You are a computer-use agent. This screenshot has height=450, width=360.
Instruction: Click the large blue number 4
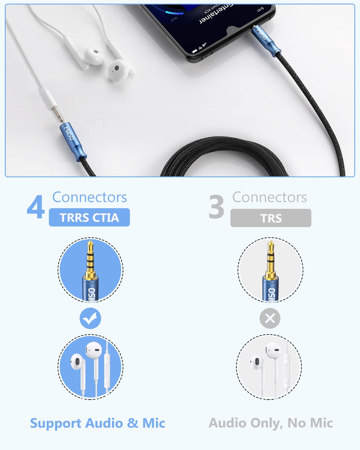(x=36, y=207)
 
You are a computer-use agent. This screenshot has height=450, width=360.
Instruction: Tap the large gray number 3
(x=216, y=207)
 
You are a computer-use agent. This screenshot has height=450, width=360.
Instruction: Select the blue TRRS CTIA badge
(x=89, y=217)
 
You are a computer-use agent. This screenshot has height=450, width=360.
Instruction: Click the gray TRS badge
(x=271, y=218)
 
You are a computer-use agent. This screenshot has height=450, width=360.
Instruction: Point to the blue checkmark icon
(x=90, y=318)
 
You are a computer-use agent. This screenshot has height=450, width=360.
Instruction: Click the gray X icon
(x=270, y=318)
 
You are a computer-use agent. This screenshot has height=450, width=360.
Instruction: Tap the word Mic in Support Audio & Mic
(x=154, y=423)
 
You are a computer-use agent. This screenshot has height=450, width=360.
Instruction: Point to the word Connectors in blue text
(x=89, y=197)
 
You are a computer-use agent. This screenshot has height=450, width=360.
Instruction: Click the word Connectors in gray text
(x=269, y=197)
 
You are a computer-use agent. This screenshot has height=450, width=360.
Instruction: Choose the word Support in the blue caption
(x=55, y=423)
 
